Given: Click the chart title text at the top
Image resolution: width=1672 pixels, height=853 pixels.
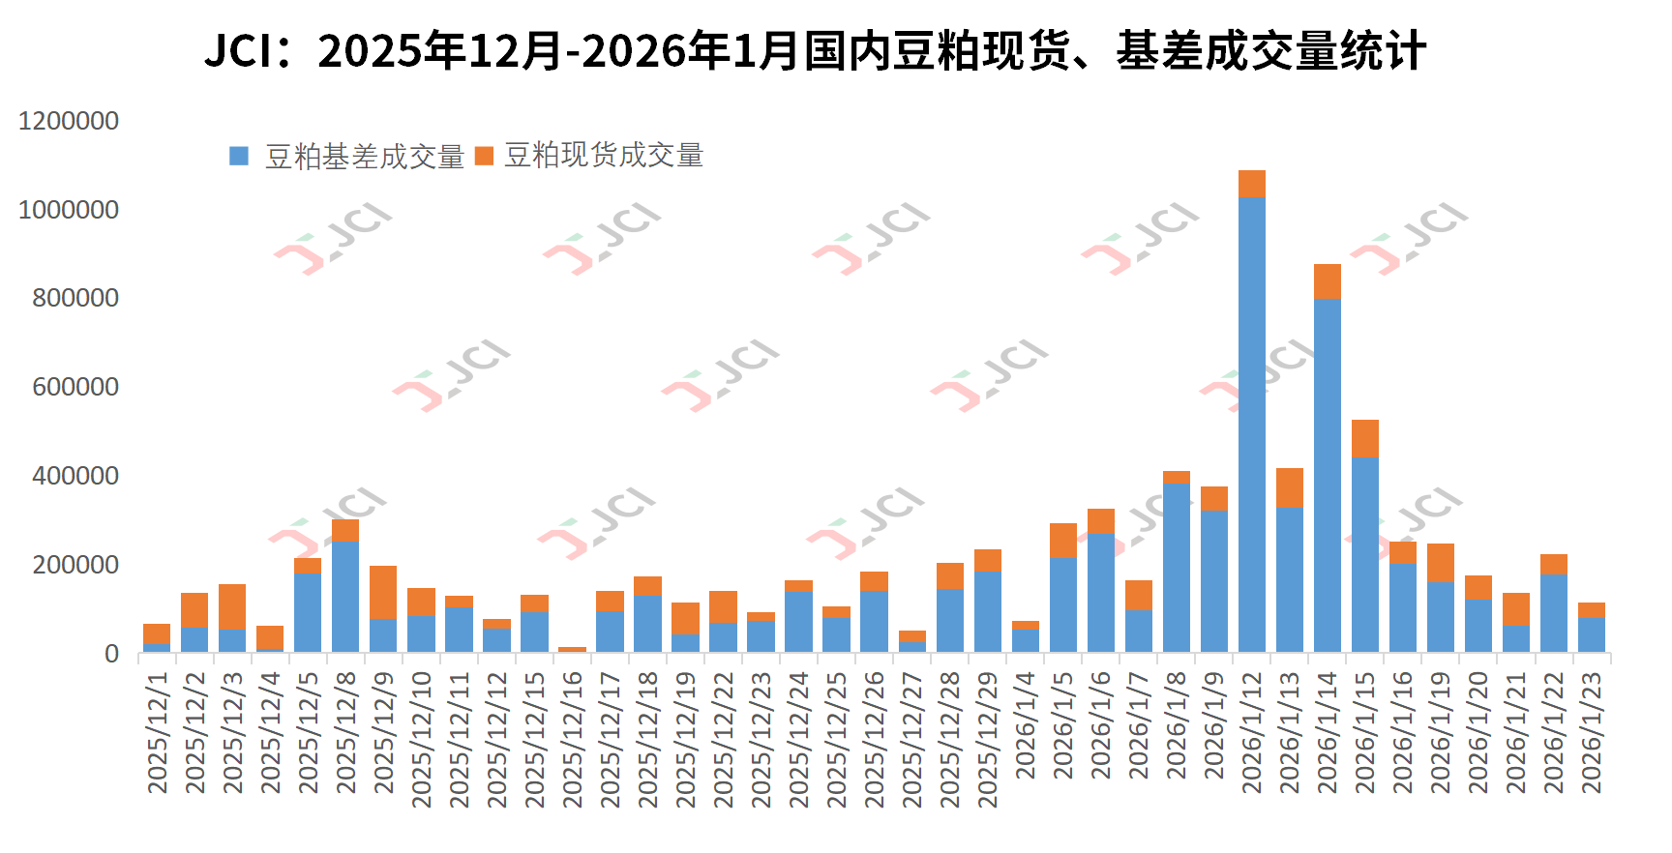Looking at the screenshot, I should coord(815,50).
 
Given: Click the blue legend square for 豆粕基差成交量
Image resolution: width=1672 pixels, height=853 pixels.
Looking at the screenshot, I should coord(239,156).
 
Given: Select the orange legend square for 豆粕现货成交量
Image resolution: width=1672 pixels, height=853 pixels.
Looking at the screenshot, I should coord(484,156).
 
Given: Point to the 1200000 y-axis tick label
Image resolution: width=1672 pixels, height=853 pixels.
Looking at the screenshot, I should coord(69,121).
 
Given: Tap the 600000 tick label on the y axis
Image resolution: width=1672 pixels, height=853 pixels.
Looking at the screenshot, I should coord(75,387).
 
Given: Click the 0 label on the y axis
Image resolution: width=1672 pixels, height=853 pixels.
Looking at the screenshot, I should coord(111,654).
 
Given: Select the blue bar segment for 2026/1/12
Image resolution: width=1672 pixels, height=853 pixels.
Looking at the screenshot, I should coord(1252,426).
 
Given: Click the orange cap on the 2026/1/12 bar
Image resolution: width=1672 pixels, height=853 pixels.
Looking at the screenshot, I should coord(1252,184).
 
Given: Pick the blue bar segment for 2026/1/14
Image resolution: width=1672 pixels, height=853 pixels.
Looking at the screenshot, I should coord(1328,474).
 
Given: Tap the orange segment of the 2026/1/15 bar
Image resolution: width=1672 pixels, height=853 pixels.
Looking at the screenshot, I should coord(1365,439).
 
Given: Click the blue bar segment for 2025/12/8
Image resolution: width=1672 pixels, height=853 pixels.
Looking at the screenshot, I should coord(345,596).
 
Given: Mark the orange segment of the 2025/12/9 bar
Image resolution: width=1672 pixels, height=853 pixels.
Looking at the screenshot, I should coord(383,592).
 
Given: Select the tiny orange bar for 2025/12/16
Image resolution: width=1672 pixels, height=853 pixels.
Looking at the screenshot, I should coord(572,649).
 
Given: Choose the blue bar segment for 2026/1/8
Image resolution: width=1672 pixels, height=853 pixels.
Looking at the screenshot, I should coord(1177,567).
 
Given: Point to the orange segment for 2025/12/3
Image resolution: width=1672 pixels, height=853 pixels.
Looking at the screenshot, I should coord(232,607).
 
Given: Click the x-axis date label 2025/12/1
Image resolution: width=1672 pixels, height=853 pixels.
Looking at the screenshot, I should coord(157,733).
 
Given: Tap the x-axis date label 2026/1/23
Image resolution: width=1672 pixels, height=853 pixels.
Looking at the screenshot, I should coord(1592,733).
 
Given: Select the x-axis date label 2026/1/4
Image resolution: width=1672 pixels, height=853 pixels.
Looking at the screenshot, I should coord(1026,725).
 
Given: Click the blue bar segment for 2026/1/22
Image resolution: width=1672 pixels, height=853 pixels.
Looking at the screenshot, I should coord(1554,613).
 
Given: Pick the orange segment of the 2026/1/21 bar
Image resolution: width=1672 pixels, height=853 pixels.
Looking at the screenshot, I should coord(1516,609).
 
